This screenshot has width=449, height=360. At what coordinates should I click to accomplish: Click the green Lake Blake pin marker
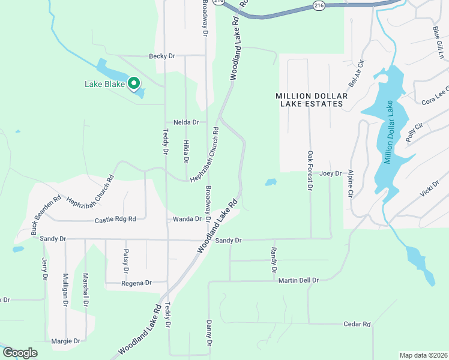(x=134, y=83)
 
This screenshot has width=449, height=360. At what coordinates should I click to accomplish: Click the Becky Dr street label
(x=162, y=56)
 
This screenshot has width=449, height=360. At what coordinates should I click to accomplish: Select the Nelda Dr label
(x=186, y=122)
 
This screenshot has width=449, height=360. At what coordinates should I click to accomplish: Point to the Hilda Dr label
(x=186, y=151)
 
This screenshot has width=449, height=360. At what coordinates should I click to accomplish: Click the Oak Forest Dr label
(x=310, y=170)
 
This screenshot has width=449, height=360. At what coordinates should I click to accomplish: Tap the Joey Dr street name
(x=330, y=173)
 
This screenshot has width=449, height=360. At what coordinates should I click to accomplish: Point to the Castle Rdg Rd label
(x=115, y=220)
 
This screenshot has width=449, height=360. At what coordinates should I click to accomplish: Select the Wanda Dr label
(x=187, y=219)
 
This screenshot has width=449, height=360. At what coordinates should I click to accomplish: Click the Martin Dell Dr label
(x=297, y=280)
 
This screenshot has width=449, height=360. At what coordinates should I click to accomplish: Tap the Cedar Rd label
(x=357, y=324)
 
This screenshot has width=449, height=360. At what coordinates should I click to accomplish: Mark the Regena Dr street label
(x=136, y=283)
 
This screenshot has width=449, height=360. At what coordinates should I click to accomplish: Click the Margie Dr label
(x=65, y=341)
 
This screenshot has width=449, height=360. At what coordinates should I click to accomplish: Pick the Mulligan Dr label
(x=65, y=290)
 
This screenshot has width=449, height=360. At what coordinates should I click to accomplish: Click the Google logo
(x=19, y=353)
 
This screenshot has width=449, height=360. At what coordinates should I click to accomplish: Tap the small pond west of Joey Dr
(x=271, y=181)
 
